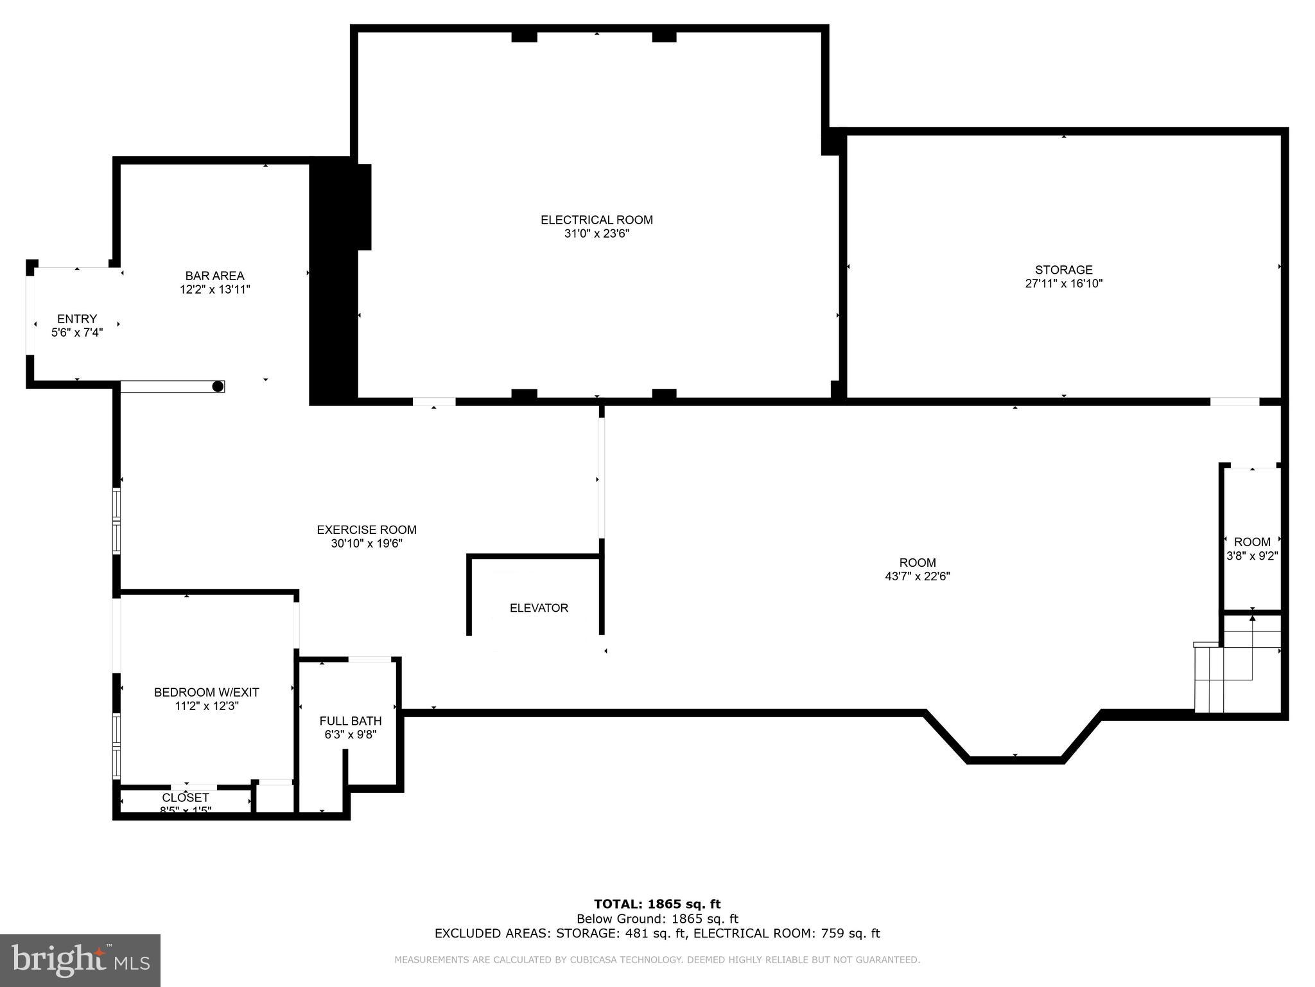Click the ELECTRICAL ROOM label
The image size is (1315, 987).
tap(597, 220)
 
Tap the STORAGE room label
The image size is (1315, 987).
tap(1063, 270)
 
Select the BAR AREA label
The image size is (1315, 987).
tap(214, 276)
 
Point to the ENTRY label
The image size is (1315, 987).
tap(77, 319)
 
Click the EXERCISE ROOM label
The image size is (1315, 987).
tap(366, 529)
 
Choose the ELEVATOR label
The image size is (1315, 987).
tap(539, 608)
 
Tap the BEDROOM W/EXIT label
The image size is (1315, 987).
tap(206, 692)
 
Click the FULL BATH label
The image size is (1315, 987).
tap(351, 721)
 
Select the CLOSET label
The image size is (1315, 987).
tap(186, 798)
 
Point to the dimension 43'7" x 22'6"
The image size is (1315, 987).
tap(917, 576)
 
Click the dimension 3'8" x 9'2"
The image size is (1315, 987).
tap(1252, 556)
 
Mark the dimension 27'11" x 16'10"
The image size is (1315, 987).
tap(1063, 283)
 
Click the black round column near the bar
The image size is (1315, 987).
tap(218, 386)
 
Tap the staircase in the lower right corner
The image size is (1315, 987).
tap(1236, 668)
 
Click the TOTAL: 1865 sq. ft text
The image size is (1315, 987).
tap(657, 904)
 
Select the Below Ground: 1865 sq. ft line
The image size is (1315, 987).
tap(657, 919)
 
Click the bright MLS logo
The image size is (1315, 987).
tap(80, 960)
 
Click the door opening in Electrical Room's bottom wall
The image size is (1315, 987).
tap(434, 402)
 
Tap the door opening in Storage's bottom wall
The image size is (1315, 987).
tap(1234, 402)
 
